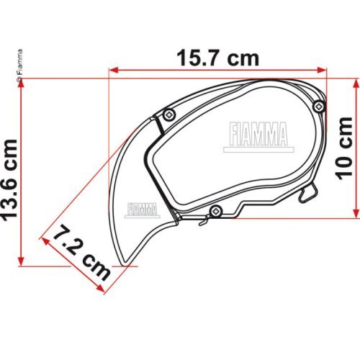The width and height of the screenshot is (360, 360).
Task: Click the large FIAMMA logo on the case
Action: pos(257,134)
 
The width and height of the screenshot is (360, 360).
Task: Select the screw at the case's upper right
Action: pos(319,106)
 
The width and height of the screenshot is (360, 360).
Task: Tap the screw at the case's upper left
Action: pos(168,113)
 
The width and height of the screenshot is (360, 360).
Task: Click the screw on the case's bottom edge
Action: pos(214,210)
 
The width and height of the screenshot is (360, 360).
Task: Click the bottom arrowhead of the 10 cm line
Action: pos(354,213)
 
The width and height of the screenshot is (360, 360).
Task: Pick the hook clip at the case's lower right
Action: pos(310,193)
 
